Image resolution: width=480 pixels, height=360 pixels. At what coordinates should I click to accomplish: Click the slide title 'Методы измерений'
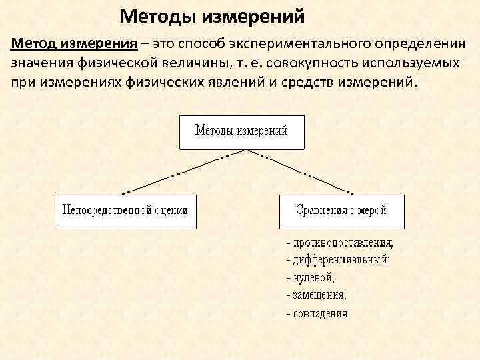point(212,15)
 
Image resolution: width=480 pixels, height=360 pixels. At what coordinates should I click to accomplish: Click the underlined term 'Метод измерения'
point(73,43)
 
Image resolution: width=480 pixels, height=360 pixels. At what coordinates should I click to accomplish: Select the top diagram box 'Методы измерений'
point(241,131)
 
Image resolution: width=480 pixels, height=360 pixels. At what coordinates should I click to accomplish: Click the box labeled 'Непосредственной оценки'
point(125,211)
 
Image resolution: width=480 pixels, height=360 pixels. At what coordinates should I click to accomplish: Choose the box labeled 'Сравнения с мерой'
point(341,211)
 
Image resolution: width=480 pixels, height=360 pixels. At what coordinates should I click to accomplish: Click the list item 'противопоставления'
point(343,242)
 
